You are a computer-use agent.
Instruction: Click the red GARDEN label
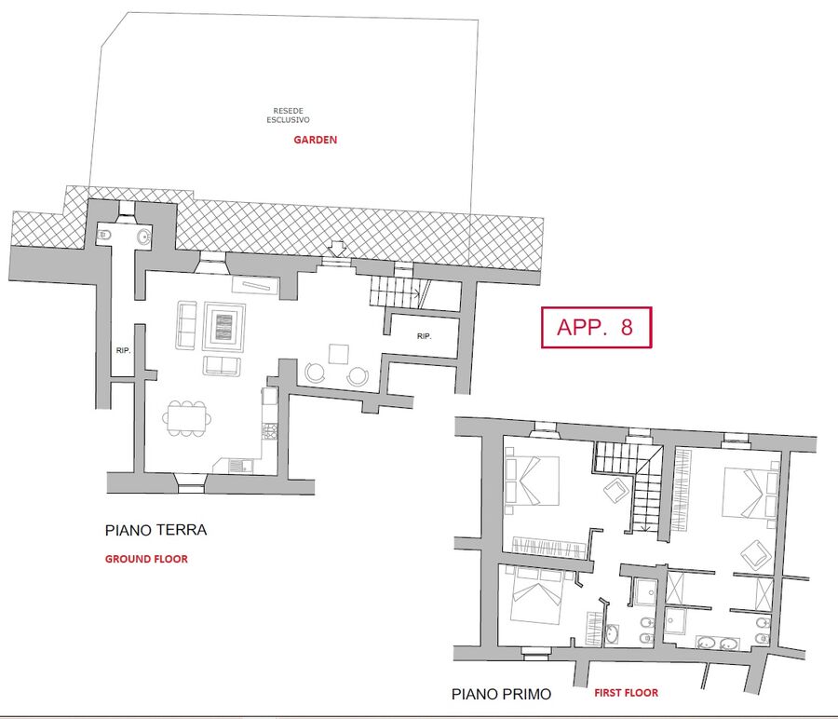pos(316,140)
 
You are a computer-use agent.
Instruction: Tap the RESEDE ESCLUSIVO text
pos(288,115)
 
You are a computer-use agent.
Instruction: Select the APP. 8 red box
pos(597,327)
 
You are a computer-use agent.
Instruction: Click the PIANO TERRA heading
pos(155,530)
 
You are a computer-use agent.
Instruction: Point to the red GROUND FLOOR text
pos(146,559)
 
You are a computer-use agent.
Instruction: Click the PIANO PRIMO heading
pos(501,695)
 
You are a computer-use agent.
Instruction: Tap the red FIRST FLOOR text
pos(627,693)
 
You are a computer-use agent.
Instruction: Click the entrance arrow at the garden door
pos(337,249)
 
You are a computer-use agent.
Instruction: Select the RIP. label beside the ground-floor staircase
pos(425,336)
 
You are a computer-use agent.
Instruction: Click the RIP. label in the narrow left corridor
pos(124,351)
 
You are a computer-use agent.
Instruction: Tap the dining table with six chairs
pos(186,418)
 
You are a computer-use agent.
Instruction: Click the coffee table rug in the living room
pos(223,327)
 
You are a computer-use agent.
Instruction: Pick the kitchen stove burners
pos(270,431)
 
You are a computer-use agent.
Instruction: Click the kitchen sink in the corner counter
pos(241,467)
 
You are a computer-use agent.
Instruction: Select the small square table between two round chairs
pos(339,354)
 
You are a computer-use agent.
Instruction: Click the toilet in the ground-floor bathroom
pos(104,235)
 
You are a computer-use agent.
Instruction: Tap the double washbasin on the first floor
pos(718,644)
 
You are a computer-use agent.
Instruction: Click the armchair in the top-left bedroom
pos(616,489)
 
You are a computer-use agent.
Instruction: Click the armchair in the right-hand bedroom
pos(756,555)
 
